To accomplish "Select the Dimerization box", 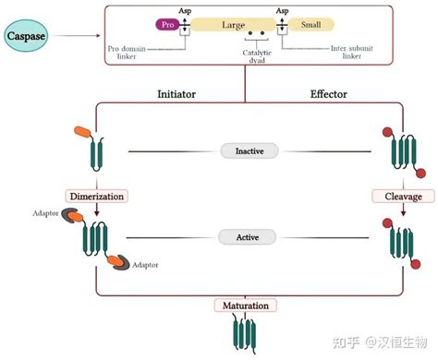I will pos(94,196).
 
